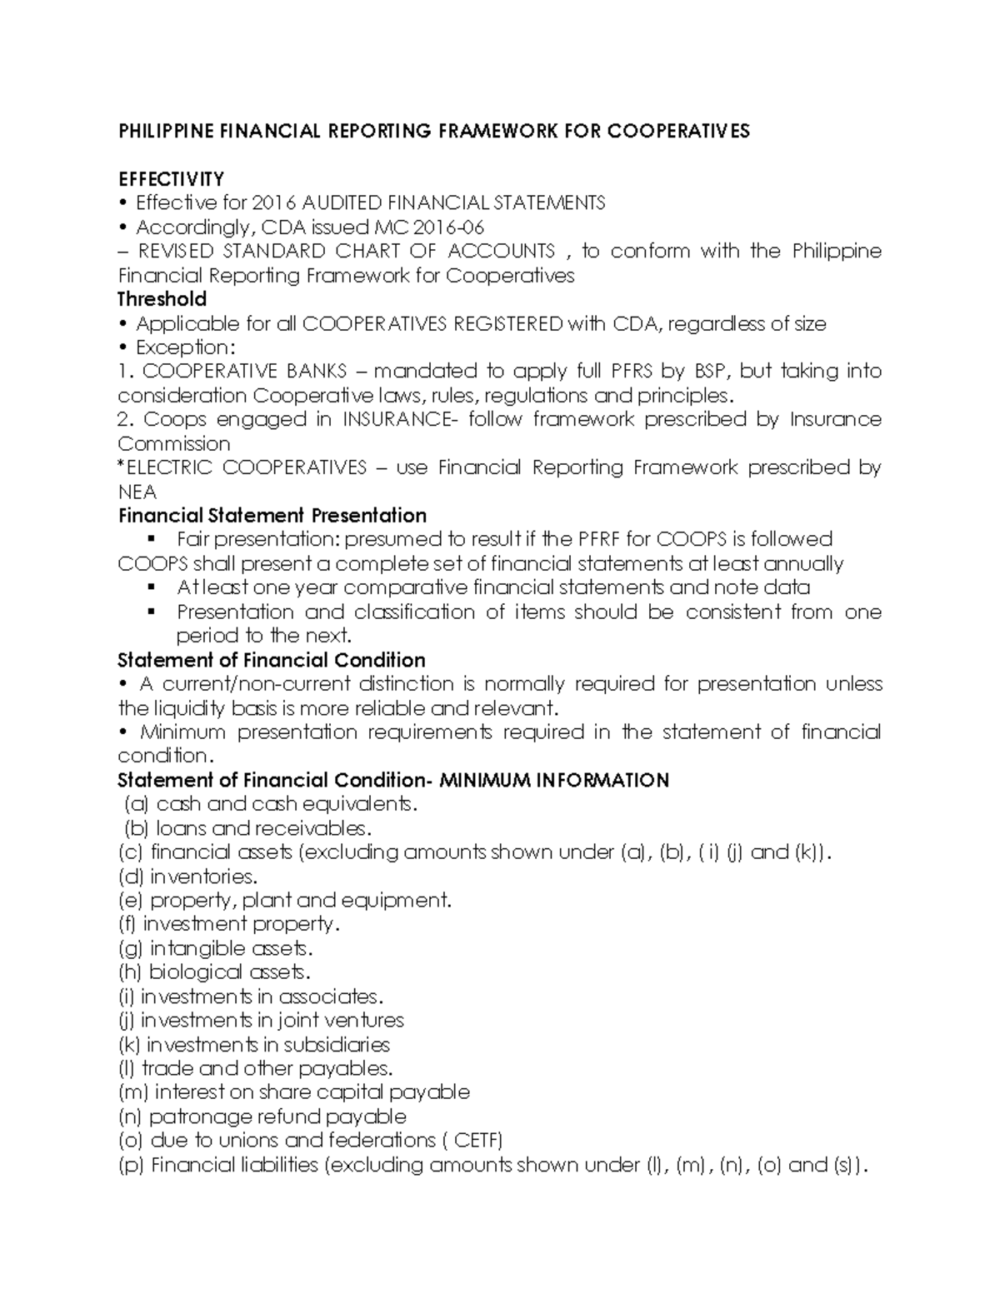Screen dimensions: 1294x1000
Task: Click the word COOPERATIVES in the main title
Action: (678, 131)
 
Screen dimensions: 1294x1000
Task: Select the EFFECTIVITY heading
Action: (171, 179)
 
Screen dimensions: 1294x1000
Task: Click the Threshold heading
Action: (162, 299)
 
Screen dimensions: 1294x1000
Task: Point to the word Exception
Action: (181, 347)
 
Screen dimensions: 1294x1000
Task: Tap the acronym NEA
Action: (137, 492)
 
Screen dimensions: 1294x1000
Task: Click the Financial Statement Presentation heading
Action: (272, 516)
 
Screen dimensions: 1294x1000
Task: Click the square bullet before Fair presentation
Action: (151, 539)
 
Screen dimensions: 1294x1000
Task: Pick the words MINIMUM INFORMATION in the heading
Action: (554, 780)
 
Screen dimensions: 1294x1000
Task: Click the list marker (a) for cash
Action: (137, 804)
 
